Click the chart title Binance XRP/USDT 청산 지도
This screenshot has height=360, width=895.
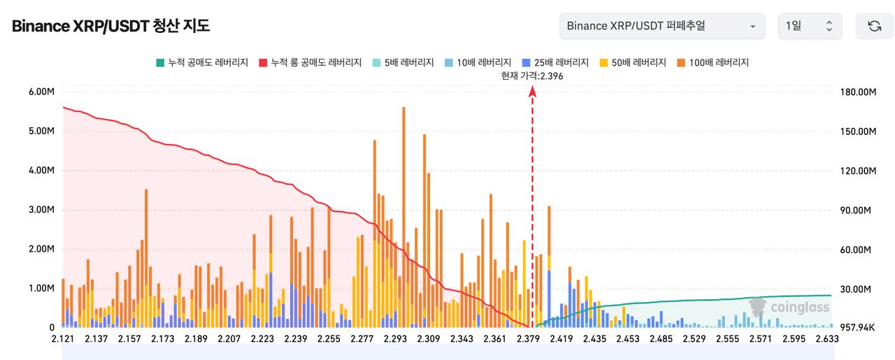(110, 27)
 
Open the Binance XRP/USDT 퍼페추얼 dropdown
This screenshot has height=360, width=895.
(661, 27)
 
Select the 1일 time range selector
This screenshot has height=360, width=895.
(810, 27)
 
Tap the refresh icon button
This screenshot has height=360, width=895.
(874, 27)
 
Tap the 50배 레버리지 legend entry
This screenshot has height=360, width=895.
(633, 62)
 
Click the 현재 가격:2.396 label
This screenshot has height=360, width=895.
(532, 76)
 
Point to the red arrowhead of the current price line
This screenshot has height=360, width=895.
(533, 92)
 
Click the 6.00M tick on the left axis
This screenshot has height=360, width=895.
(41, 92)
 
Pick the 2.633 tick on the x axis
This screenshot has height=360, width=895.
(825, 339)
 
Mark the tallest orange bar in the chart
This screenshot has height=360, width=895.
(403, 210)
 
